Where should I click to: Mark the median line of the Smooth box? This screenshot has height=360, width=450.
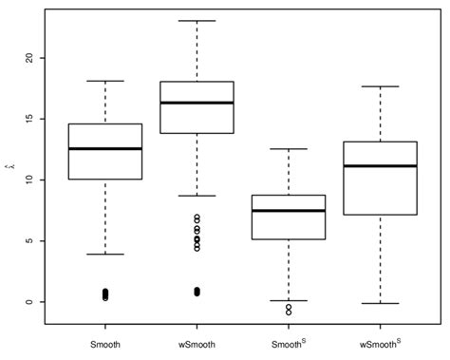click(105, 148)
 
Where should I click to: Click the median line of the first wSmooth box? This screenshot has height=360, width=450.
click(197, 103)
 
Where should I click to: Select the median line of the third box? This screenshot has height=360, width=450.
click(290, 211)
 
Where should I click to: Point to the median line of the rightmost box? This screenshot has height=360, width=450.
click(382, 166)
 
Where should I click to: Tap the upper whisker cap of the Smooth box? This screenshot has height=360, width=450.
click(105, 82)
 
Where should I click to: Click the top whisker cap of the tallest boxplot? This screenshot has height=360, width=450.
click(197, 21)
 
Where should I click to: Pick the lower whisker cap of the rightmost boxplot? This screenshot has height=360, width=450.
click(382, 303)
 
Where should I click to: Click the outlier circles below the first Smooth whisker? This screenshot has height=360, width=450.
click(105, 294)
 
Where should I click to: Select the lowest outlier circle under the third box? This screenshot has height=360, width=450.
click(290, 312)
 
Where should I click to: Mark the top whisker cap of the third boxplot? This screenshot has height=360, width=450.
click(290, 149)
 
